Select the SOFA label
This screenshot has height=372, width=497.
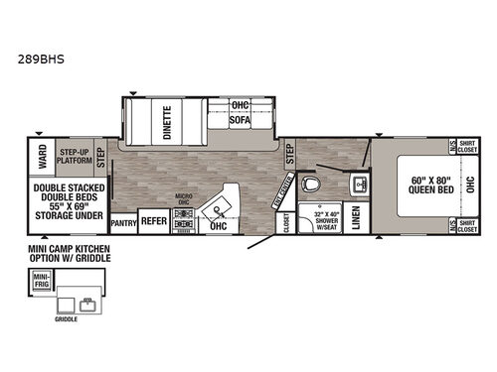click(240, 128)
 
